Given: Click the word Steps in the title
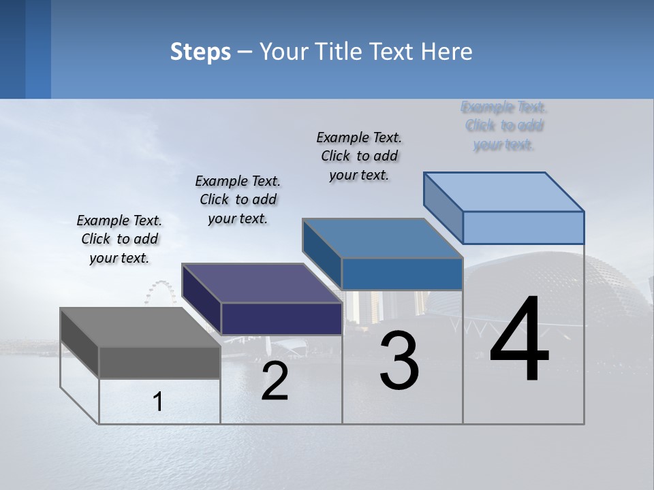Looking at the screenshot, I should click(200, 52).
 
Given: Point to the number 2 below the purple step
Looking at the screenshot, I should click(275, 382).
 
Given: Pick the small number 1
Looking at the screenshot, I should click(158, 402).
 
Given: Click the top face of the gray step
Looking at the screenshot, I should click(140, 327).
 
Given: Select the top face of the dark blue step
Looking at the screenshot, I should click(382, 238).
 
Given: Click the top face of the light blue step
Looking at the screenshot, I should click(503, 191).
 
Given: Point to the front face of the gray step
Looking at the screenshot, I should click(159, 363).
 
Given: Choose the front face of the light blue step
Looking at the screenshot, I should click(523, 227).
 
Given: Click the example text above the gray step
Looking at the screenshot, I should click(119, 240).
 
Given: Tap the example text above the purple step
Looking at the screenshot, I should click(238, 200).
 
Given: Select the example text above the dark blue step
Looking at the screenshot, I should click(359, 156).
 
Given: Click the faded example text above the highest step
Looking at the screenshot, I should click(504, 126).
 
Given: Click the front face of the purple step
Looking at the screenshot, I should click(281, 318).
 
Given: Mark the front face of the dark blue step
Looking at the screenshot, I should click(402, 274).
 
